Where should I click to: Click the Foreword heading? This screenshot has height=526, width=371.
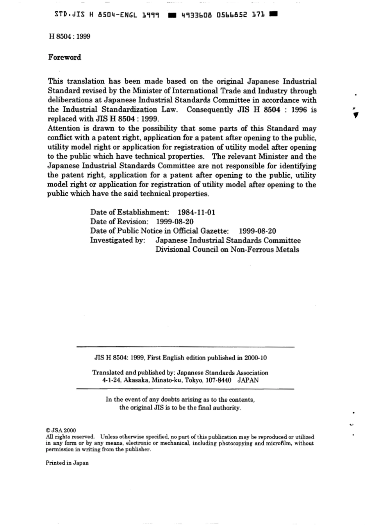tap(64, 57)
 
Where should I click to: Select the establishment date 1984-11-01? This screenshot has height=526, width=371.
tap(196, 212)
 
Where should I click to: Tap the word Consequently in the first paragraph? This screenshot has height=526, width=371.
tap(208, 110)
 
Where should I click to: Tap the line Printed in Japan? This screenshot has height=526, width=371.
tap(67, 463)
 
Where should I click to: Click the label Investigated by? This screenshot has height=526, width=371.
tap(118, 240)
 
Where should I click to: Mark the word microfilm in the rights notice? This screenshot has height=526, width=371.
tap(276, 443)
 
